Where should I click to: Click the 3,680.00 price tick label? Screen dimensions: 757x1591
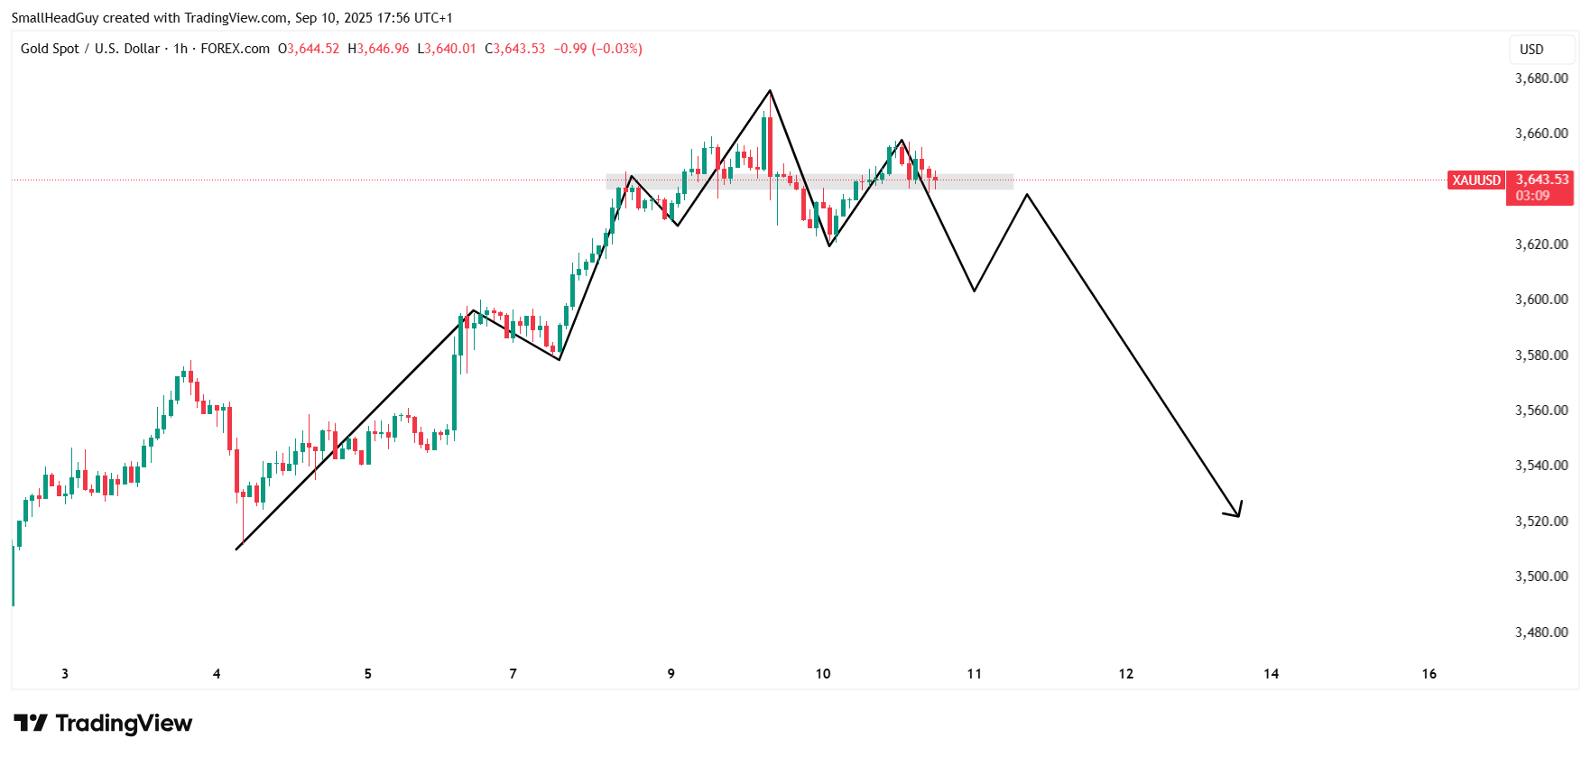(x=1540, y=78)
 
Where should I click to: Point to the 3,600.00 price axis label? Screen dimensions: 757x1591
(x=1540, y=300)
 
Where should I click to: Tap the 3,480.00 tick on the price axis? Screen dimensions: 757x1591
(x=1540, y=632)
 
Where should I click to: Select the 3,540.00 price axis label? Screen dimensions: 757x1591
(x=1540, y=466)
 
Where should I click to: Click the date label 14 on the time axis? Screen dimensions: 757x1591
(x=1271, y=674)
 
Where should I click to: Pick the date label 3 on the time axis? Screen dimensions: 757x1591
(x=65, y=674)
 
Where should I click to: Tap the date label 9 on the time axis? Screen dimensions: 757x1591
(x=671, y=674)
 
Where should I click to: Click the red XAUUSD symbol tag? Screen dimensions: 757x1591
(x=1476, y=180)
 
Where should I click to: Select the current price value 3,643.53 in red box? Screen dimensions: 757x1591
(x=1541, y=180)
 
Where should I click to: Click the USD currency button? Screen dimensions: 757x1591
(x=1531, y=50)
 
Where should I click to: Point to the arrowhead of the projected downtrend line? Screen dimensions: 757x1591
(x=1238, y=515)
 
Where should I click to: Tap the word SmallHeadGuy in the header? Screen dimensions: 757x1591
(x=55, y=18)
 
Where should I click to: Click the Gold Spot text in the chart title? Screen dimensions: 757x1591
(x=50, y=49)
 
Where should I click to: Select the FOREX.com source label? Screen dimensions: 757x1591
(x=235, y=49)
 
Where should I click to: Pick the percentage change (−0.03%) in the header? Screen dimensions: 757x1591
(x=616, y=49)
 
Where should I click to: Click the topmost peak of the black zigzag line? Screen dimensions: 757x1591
(x=770, y=90)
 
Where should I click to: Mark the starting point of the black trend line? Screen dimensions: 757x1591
(x=236, y=549)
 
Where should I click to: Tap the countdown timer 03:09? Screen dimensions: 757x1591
(x=1532, y=196)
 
